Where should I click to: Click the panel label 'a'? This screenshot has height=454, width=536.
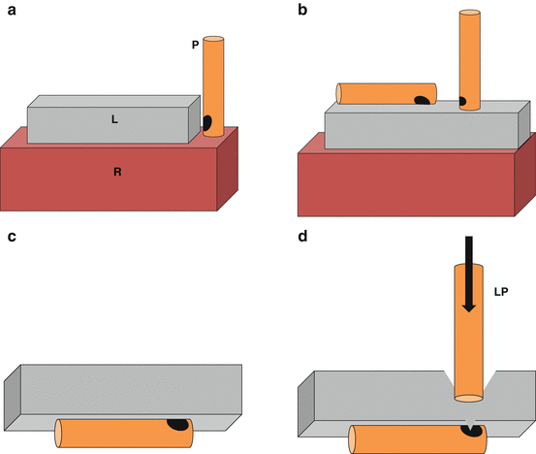click(x=12, y=11)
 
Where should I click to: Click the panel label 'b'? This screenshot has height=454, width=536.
click(x=302, y=10)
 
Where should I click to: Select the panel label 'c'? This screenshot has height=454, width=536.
click(x=12, y=237)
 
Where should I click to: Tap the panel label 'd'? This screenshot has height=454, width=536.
click(x=302, y=236)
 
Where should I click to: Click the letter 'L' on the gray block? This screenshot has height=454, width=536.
click(x=114, y=119)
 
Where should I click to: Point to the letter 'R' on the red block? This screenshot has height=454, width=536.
click(x=117, y=172)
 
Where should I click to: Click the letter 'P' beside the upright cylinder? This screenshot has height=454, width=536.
click(x=195, y=45)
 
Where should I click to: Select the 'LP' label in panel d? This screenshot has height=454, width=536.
click(x=501, y=291)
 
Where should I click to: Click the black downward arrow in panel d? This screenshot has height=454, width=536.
click(x=469, y=274)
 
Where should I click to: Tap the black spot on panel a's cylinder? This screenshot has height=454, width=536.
click(x=207, y=123)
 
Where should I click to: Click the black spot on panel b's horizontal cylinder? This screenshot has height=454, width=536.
click(x=423, y=100)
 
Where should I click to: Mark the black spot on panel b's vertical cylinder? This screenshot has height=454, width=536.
click(x=462, y=101)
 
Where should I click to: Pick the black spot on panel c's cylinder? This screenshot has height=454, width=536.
click(x=177, y=424)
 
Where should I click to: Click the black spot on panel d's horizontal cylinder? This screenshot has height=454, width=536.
click(x=472, y=431)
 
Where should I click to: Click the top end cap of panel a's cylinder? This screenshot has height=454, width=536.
click(x=213, y=39)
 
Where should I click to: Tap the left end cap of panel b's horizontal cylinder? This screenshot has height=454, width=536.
click(x=339, y=93)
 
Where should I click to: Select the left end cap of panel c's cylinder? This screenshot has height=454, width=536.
click(x=58, y=434)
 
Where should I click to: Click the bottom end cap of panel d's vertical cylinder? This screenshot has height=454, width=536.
click(x=469, y=398)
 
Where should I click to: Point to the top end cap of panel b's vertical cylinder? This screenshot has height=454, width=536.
click(x=470, y=13)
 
